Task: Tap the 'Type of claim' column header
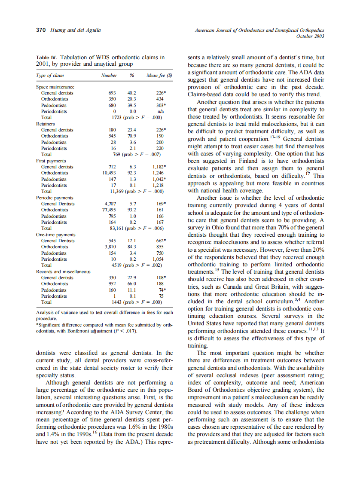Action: click(49, 75)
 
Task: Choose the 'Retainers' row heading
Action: click(45, 123)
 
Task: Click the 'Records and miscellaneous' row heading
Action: click(62, 272)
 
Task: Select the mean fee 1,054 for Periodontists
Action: click(159, 259)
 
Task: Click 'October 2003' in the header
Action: click(310, 36)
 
